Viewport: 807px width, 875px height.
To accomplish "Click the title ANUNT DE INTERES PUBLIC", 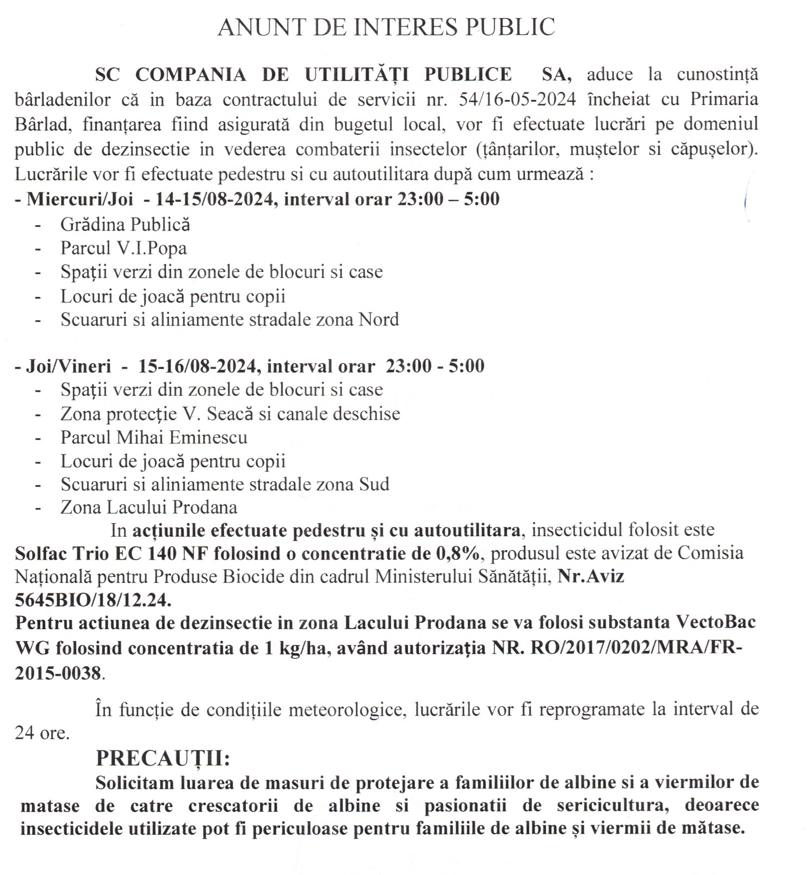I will click(386, 27).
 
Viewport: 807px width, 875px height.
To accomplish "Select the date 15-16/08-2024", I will click(197, 365).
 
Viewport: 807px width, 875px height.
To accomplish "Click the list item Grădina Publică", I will click(125, 224).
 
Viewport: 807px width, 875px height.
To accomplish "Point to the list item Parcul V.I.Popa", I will click(123, 248).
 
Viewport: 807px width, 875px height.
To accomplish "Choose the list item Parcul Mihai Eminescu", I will click(154, 437).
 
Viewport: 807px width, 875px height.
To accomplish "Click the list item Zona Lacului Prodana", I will click(149, 507).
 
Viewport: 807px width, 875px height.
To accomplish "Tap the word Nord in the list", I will click(378, 319).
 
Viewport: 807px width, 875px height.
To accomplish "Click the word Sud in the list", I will click(374, 484).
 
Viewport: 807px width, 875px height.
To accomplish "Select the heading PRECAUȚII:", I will click(163, 758).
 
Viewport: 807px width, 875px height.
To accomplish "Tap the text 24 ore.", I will click(42, 733).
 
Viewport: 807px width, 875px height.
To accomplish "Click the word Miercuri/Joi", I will click(80, 199).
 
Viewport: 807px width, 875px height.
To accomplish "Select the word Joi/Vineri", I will click(69, 365).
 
